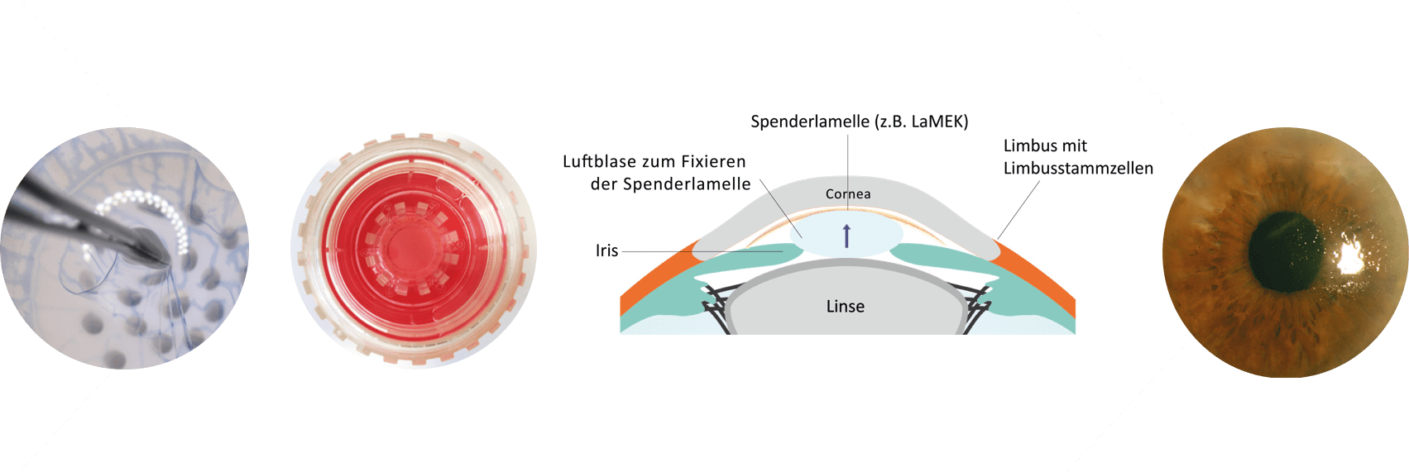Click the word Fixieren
713,162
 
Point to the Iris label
606,250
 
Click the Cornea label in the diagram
848,194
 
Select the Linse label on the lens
845,307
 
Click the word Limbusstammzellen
1078,169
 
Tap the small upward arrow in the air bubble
846,236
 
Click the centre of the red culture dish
412,248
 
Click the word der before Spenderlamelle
603,184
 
